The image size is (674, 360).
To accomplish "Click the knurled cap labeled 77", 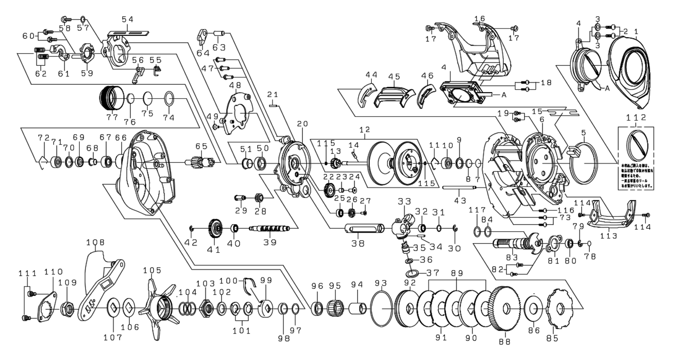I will point(111,100).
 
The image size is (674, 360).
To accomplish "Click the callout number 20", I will point(303,123).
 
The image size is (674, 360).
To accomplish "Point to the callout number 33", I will point(402,202).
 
